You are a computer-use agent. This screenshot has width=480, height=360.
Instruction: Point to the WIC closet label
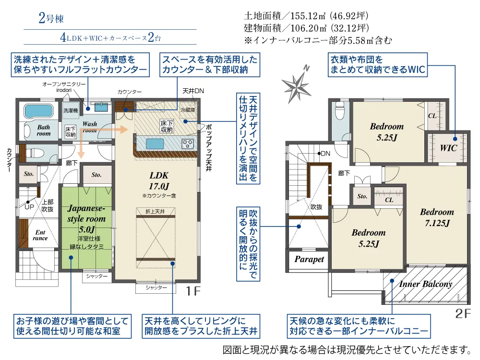click(448, 148)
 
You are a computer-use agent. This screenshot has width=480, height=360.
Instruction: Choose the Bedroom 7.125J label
click(437, 217)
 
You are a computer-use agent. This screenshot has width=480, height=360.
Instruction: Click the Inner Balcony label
click(426, 284)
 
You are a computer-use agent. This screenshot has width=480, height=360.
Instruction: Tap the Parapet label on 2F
click(309, 259)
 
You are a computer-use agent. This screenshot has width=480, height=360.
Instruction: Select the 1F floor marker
click(194, 291)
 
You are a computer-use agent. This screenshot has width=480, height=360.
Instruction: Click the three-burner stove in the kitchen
click(187, 143)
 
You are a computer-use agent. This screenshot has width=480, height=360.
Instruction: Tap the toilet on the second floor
click(340, 112)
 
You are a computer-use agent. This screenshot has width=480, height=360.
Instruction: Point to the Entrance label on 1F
click(40, 235)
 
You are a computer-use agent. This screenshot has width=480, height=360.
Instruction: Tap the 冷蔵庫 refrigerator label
click(187, 110)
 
